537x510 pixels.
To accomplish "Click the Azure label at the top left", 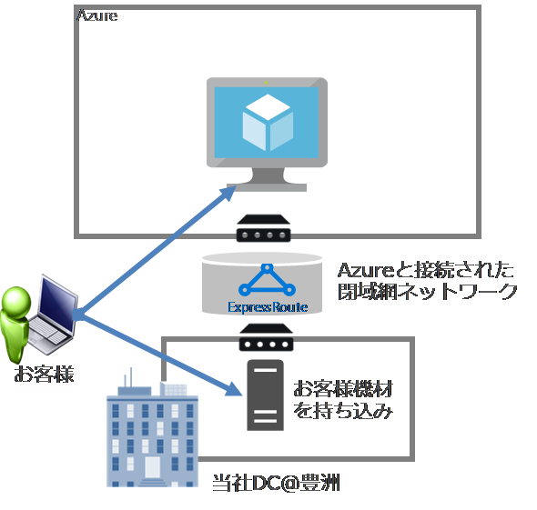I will pyautogui.click(x=97, y=16).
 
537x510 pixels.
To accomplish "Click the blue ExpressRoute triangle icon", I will pyautogui.click(x=268, y=281).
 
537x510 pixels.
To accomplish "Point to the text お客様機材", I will pyautogui.click(x=341, y=389).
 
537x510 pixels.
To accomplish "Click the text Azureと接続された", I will pyautogui.click(x=425, y=270).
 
